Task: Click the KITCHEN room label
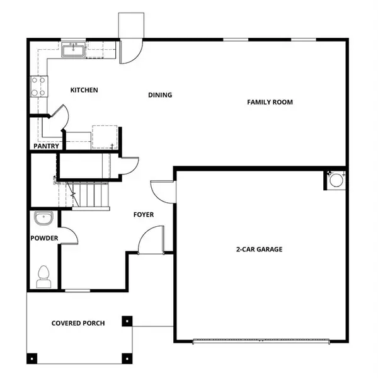pyautogui.click(x=84, y=90)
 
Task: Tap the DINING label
pyautogui.click(x=160, y=95)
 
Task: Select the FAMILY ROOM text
pyautogui.click(x=270, y=102)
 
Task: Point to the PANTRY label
pyautogui.click(x=46, y=146)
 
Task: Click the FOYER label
pyautogui.click(x=143, y=215)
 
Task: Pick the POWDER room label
pyautogui.click(x=44, y=238)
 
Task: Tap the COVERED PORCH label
pyautogui.click(x=78, y=323)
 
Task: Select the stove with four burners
pyautogui.click(x=38, y=86)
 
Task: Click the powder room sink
pyautogui.click(x=43, y=220)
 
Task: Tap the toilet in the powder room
pyautogui.click(x=43, y=275)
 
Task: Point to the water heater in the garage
pyautogui.click(x=336, y=180)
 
